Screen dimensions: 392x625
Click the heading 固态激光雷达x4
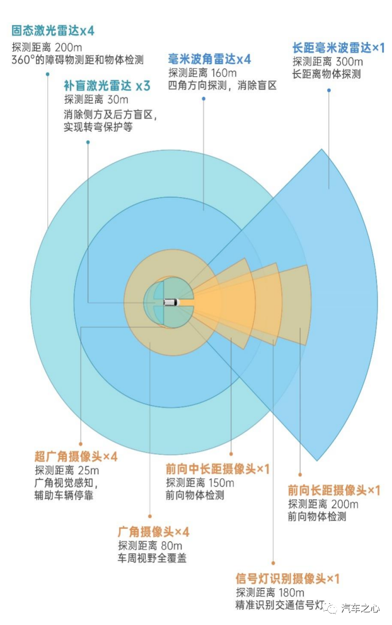pyautogui.click(x=53, y=31)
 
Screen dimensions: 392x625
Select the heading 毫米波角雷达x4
pyautogui.click(x=210, y=59)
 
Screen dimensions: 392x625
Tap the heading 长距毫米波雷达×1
pyautogui.click(x=339, y=48)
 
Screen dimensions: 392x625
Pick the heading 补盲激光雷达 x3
pyautogui.click(x=107, y=85)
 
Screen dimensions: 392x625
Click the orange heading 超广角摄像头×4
pyautogui.click(x=76, y=456)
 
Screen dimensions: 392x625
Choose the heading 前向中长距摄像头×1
pyautogui.click(x=218, y=469)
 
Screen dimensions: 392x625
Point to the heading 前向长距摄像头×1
pyautogui.click(x=334, y=490)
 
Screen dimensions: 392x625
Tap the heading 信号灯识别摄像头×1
pyautogui.click(x=287, y=579)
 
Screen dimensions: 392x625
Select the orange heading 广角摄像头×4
pyautogui.click(x=154, y=532)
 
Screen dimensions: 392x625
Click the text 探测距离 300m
pyautogui.click(x=327, y=62)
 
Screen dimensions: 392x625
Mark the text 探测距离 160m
pyautogui.click(x=202, y=73)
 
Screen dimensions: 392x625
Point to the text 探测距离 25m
pyautogui.click(x=67, y=470)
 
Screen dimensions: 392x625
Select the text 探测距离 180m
pyautogui.click(x=270, y=592)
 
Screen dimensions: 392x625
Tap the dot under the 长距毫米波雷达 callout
pyautogui.click(x=329, y=91)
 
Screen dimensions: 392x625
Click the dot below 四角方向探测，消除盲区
pyautogui.click(x=203, y=99)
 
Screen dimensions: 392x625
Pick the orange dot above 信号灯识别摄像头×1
pyautogui.click(x=273, y=563)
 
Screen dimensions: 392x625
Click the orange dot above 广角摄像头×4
pyautogui.click(x=150, y=516)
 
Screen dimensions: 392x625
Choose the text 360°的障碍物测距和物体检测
pyautogui.click(x=77, y=60)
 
